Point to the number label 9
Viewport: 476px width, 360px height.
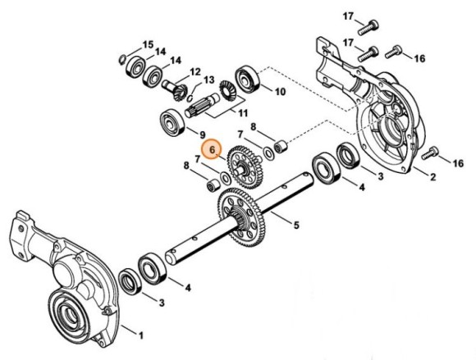point(201,134)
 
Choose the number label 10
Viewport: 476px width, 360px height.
point(280,92)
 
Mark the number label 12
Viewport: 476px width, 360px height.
point(195,72)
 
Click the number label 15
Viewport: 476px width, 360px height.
point(148,43)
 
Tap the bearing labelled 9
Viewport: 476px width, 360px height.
point(172,120)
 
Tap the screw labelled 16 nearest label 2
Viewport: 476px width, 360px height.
point(432,152)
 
